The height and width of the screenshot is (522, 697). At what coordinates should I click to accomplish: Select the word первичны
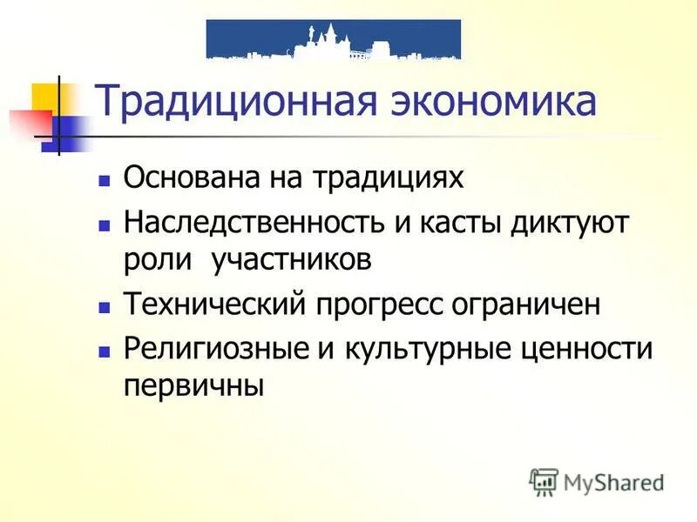pos(193,385)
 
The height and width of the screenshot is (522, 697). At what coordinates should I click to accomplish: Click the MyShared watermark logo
pos(596,481)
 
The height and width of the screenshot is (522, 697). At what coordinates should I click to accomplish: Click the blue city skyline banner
pos(334,39)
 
